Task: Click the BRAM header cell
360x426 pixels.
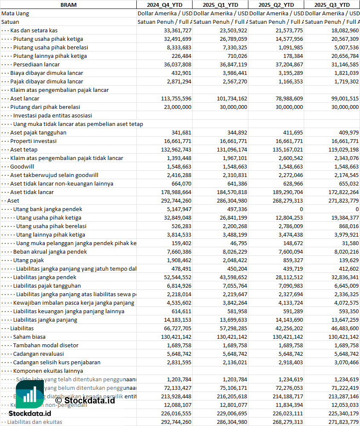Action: [68, 5]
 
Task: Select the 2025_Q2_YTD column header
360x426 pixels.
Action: [276, 5]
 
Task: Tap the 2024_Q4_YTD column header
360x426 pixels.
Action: [164, 5]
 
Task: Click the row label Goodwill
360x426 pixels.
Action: [22, 166]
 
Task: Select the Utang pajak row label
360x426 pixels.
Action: [29, 260]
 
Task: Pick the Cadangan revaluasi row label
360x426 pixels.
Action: [38, 354]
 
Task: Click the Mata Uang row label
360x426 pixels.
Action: [15, 13]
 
